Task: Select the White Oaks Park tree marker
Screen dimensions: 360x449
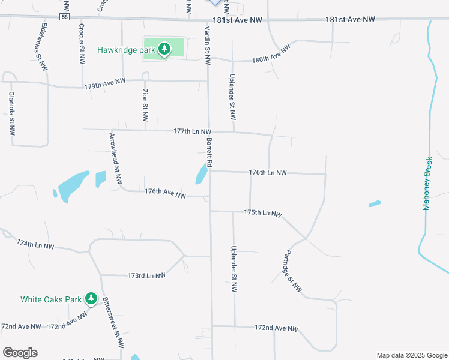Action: click(x=91, y=298)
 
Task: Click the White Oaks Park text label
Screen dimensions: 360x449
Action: click(x=50, y=299)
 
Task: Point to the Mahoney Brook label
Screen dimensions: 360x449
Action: click(x=427, y=183)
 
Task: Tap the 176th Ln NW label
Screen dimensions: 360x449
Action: click(x=268, y=173)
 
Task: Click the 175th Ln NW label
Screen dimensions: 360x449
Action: click(x=262, y=213)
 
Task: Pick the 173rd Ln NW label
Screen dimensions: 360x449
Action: click(x=146, y=275)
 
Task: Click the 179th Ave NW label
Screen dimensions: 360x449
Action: click(x=104, y=84)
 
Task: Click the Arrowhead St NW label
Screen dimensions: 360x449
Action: click(x=115, y=158)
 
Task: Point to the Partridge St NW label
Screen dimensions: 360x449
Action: click(x=292, y=271)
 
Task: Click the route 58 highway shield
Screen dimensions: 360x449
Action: click(x=64, y=17)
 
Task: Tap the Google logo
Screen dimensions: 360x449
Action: click(x=20, y=353)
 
